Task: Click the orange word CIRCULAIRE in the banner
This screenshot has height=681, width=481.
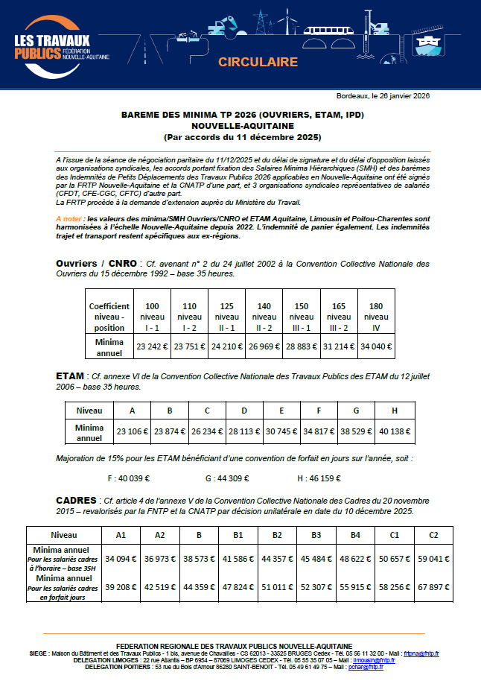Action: click(258, 62)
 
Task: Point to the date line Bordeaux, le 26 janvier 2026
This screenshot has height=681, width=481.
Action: click(383, 96)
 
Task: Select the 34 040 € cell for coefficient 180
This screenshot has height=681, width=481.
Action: click(376, 346)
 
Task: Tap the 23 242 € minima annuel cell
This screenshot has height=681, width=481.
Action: click(152, 346)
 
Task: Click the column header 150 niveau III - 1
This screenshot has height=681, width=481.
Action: click(302, 317)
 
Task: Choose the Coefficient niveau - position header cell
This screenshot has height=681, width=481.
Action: click(109, 317)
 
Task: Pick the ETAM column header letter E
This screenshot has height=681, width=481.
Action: click(281, 411)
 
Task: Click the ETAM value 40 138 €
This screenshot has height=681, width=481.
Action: click(394, 432)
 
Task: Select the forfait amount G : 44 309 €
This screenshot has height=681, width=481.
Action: click(226, 478)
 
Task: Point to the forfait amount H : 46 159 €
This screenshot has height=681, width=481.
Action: click(322, 478)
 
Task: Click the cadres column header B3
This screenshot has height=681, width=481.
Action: click(316, 535)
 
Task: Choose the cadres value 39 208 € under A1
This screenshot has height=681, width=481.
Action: click(120, 586)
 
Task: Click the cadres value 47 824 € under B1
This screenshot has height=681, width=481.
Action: click(238, 586)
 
